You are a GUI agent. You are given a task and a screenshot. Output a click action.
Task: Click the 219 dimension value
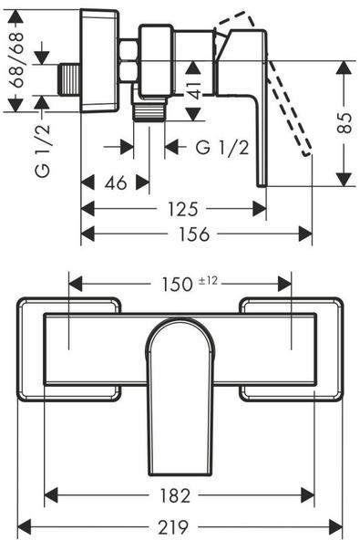tap(173, 527)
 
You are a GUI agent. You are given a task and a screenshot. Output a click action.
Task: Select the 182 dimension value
tap(175, 496)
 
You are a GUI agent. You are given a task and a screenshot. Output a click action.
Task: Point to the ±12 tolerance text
tap(208, 281)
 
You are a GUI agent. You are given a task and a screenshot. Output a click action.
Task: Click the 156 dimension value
tap(194, 234)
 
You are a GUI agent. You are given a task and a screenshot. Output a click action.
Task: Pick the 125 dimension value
tap(183, 209)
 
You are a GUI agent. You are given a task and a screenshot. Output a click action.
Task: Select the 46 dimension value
tap(116, 182)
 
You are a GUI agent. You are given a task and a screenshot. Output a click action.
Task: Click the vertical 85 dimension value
tap(345, 123)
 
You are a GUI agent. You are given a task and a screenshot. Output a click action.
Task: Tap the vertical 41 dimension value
tap(194, 90)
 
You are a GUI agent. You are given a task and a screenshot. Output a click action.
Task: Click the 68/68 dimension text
tap(15, 60)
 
